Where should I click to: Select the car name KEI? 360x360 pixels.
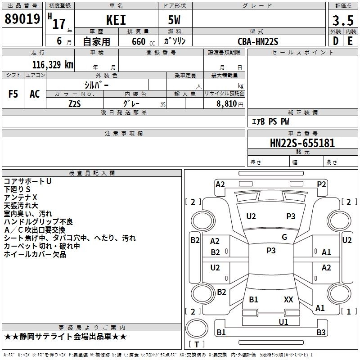(x=116, y=20)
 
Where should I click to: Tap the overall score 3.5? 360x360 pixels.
(x=342, y=20)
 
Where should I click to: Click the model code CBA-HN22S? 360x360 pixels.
(x=258, y=41)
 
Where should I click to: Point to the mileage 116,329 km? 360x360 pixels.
(x=53, y=65)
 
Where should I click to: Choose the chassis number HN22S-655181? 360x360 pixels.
(x=302, y=143)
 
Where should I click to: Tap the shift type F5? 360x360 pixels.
(x=13, y=94)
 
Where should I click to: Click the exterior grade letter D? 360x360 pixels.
(x=336, y=41)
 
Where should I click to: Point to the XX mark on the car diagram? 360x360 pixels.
(x=288, y=299)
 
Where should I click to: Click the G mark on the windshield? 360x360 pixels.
(x=284, y=237)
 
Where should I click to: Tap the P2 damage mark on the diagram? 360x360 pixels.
(x=321, y=184)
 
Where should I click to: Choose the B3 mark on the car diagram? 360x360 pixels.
(x=321, y=333)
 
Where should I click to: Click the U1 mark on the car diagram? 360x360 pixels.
(x=283, y=322)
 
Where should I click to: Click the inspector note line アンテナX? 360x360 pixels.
(x=21, y=198)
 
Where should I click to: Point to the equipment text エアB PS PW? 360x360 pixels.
(x=270, y=121)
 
